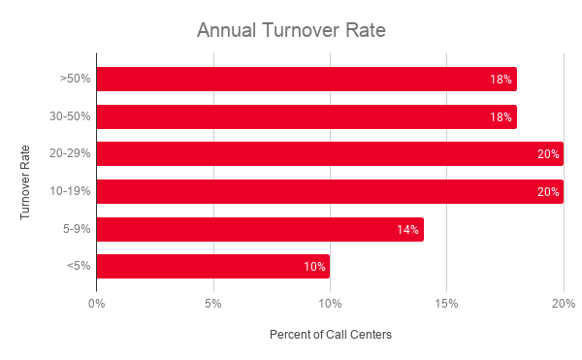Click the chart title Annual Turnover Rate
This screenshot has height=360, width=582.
(x=291, y=30)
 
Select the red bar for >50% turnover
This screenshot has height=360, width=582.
(x=307, y=79)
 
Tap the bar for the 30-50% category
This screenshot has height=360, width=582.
(x=307, y=116)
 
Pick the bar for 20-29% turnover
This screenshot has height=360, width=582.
(x=330, y=153)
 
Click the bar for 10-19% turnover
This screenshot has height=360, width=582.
(x=330, y=191)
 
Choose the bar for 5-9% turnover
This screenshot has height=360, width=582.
(x=260, y=229)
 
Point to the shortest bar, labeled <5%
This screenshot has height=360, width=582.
(x=213, y=266)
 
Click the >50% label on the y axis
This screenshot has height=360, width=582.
(x=76, y=79)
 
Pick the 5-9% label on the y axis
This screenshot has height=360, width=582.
(x=77, y=229)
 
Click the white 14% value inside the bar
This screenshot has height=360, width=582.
(x=407, y=230)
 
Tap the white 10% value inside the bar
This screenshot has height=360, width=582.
(x=314, y=267)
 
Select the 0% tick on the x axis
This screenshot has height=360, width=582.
(x=97, y=304)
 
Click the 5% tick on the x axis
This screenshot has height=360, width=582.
(x=213, y=304)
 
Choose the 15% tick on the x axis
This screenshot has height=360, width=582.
(x=446, y=304)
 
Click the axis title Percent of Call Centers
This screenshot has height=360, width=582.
(x=330, y=335)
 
